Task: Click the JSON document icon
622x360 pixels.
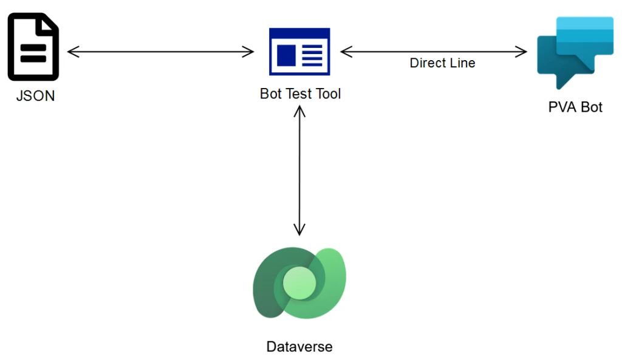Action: (x=33, y=49)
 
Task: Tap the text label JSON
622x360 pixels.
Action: (x=35, y=95)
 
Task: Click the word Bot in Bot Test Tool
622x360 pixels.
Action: (x=272, y=93)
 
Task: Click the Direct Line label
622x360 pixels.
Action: (x=442, y=63)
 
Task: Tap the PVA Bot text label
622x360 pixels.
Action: (x=575, y=107)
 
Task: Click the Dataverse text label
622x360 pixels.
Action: (x=299, y=347)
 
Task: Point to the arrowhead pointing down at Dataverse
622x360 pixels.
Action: (x=299, y=230)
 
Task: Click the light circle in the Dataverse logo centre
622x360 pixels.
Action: (x=299, y=282)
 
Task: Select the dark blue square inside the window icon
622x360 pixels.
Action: (x=288, y=55)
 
